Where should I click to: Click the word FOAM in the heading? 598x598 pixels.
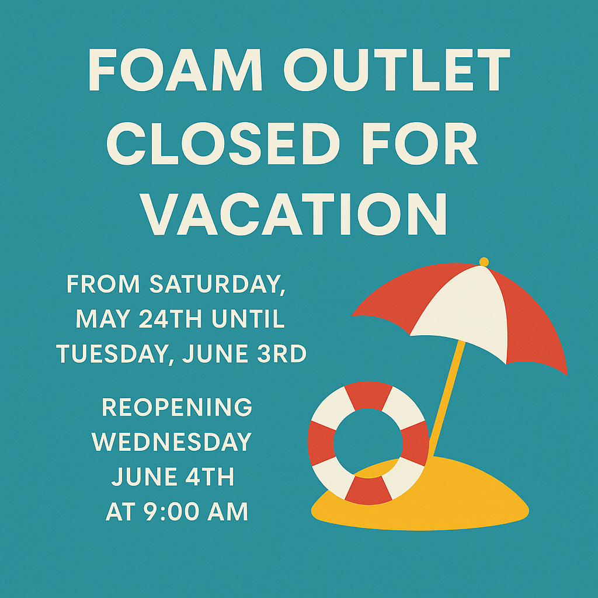pyautogui.click(x=175, y=69)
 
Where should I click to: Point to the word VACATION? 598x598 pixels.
pyautogui.click(x=293, y=214)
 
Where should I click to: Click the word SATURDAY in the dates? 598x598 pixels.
pyautogui.click(x=217, y=284)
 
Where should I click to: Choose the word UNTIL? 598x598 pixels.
pyautogui.click(x=248, y=318)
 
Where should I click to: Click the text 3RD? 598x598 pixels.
pyautogui.click(x=282, y=353)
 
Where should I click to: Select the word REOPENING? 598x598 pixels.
pyautogui.click(x=177, y=407)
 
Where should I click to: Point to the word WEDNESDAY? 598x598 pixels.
pyautogui.click(x=172, y=441)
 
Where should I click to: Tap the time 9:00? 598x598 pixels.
pyautogui.click(x=172, y=512)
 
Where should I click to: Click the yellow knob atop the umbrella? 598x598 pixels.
pyautogui.click(x=484, y=262)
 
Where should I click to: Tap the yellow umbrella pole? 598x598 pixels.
pyautogui.click(x=446, y=397)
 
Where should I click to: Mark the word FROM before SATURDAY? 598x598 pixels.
pyautogui.click(x=103, y=284)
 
